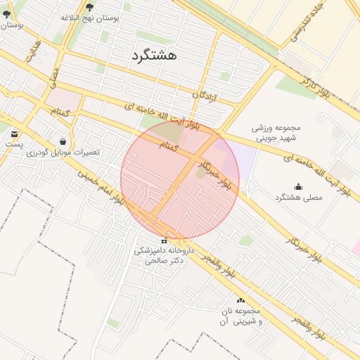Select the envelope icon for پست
15,132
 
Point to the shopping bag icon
63,141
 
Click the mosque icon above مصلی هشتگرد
298,186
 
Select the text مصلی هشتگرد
298,198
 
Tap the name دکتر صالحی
163,260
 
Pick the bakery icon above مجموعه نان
240,300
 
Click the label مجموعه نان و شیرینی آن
239,316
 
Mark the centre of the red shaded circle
180,180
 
